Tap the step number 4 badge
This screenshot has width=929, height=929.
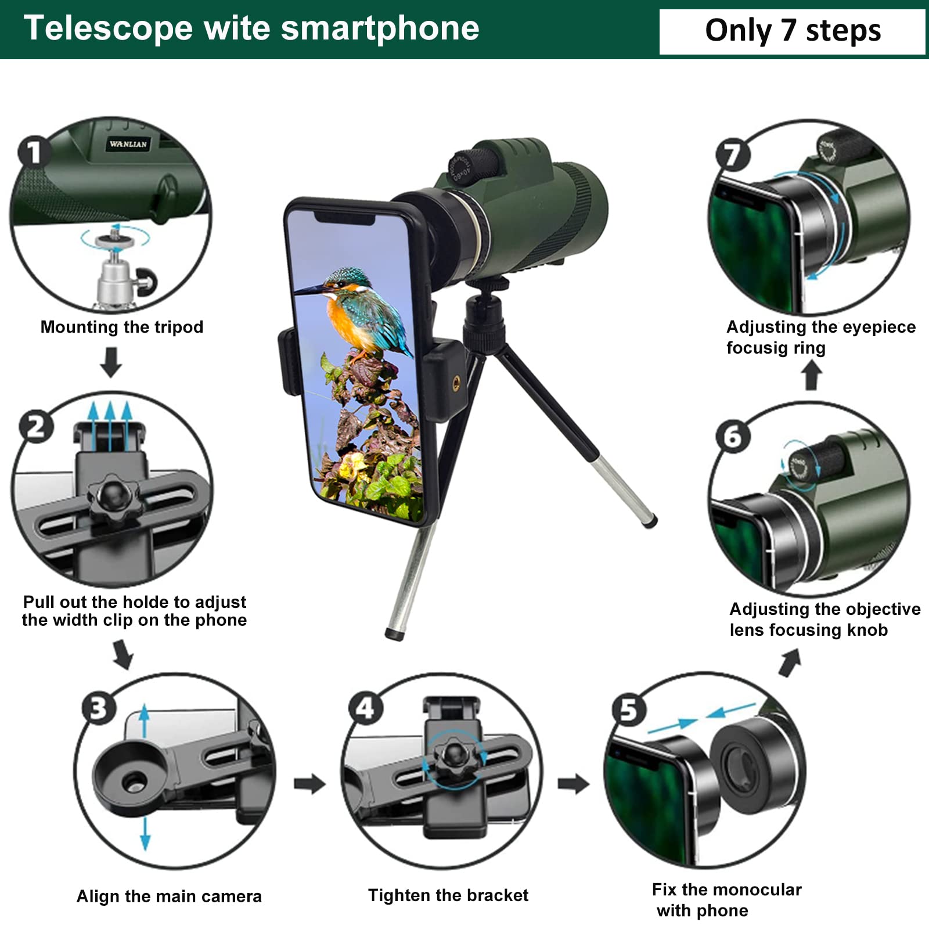click(365, 708)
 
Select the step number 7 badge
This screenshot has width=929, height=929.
click(733, 154)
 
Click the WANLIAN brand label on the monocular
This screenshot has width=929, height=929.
click(128, 144)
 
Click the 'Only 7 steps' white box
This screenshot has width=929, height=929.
click(792, 31)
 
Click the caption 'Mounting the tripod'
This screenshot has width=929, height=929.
click(122, 327)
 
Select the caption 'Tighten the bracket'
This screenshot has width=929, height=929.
click(448, 895)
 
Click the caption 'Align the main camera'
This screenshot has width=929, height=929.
click(169, 896)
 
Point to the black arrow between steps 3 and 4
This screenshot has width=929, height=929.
click(309, 784)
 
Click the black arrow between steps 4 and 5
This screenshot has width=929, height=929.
click(573, 784)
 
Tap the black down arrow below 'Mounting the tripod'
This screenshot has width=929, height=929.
click(110, 362)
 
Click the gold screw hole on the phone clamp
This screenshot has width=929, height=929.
click(456, 382)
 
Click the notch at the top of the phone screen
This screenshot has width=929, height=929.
click(344, 218)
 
